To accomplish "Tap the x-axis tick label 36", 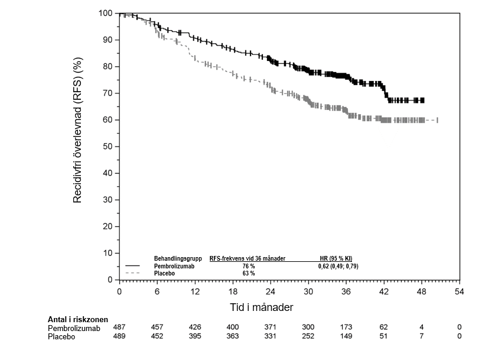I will [x=346, y=291].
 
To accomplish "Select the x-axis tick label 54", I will [x=460, y=291].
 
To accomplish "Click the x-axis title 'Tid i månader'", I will [x=261, y=308].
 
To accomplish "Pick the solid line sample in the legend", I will [x=132, y=267].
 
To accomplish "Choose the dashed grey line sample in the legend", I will [x=132, y=274].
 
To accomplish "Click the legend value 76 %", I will [x=249, y=267].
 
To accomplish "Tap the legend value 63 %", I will [x=249, y=274].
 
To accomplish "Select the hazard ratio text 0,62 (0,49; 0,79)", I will [x=338, y=267].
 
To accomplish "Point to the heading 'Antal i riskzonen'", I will [x=78, y=319].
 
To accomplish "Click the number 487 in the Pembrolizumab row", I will [x=120, y=327].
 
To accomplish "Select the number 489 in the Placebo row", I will [x=120, y=336].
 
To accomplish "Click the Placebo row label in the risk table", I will [x=61, y=336].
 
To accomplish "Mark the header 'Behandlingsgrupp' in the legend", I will [x=178, y=259].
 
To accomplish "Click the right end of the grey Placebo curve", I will [x=437, y=120].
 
